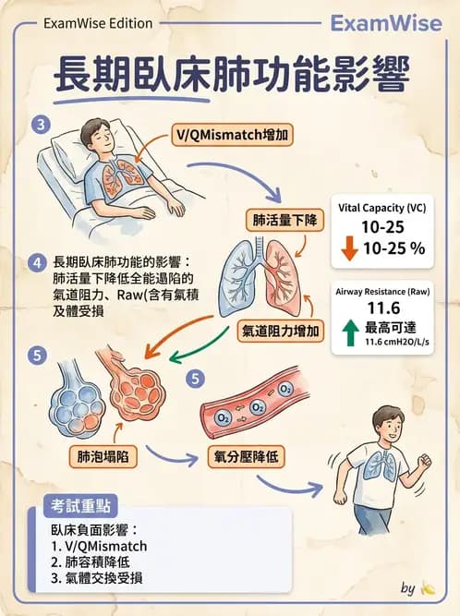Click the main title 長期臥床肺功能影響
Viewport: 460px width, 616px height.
pyautogui.click(x=229, y=75)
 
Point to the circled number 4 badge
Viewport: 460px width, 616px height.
pyautogui.click(x=37, y=262)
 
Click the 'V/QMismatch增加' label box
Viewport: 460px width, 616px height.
pyautogui.click(x=231, y=136)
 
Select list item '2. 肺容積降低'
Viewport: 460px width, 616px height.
pyautogui.click(x=98, y=562)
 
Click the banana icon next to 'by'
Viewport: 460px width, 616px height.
pyautogui.click(x=427, y=587)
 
